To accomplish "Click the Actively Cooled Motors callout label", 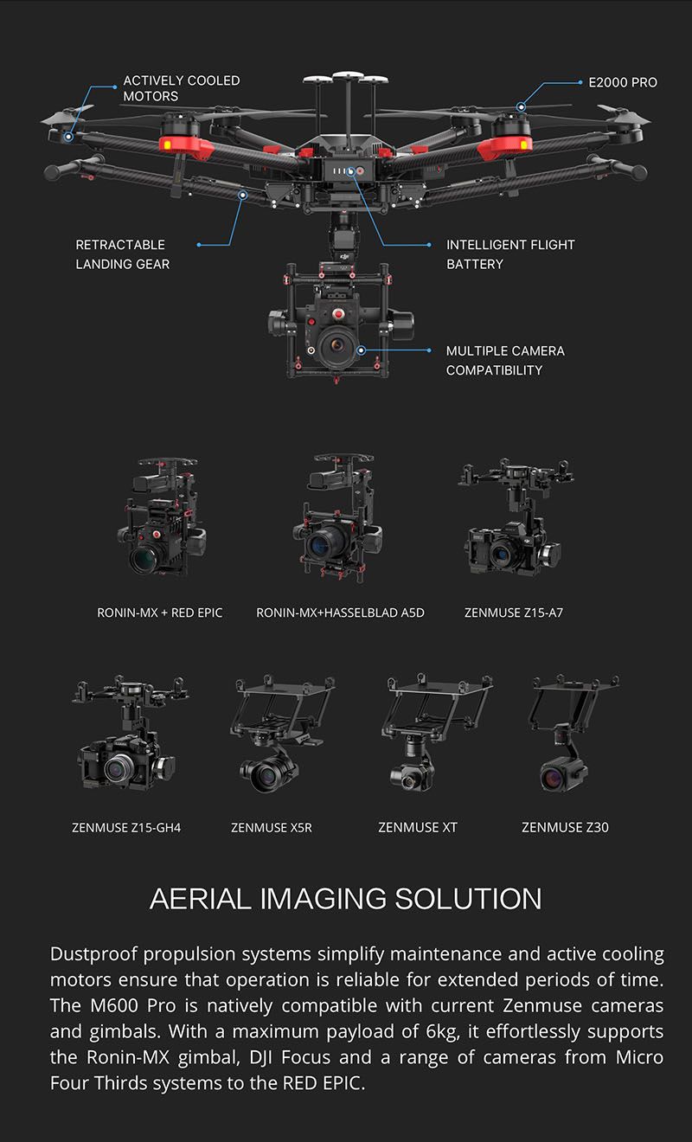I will pos(181,88).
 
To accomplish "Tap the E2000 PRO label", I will pos(622,83).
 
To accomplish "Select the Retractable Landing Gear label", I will pos(122,254).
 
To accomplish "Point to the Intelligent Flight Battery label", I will pos(510,254).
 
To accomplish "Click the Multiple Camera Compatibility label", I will pos(505,360).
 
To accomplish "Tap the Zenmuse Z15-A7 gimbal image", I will pos(514,517).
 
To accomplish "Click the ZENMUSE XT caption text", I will pos(418,828).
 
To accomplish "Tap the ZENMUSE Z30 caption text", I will pos(565,828).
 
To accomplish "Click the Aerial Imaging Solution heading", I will pos(346,898).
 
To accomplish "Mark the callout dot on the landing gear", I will pos(242,196).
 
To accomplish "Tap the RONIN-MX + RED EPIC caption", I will pos(160,613).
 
